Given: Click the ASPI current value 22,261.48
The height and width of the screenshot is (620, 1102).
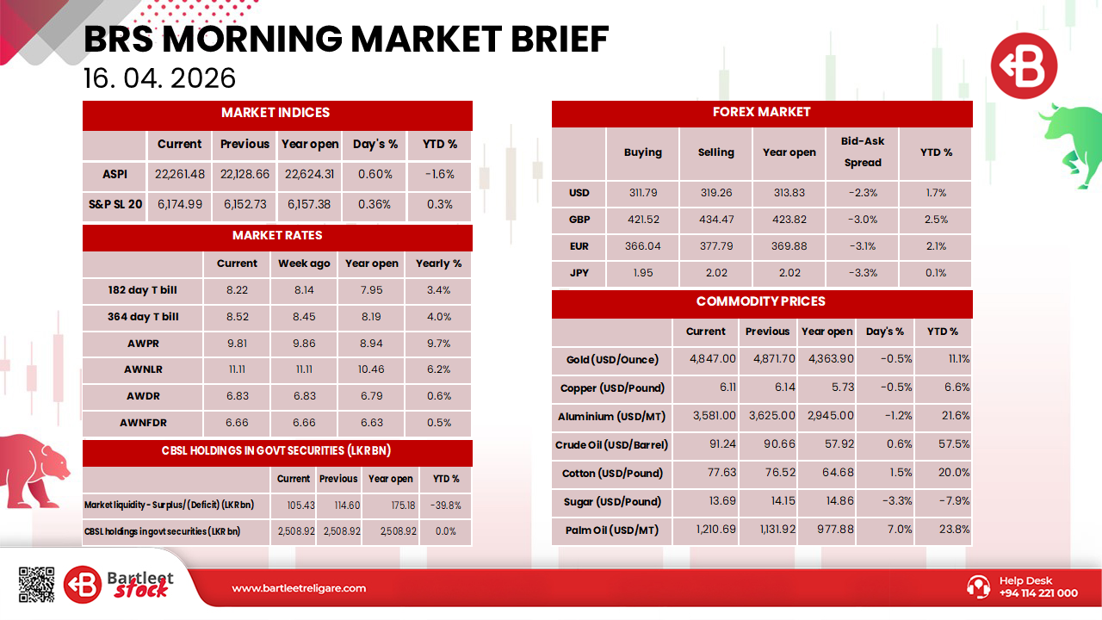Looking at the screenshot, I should coord(180,174).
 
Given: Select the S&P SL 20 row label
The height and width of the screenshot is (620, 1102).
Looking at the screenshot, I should coord(115,205).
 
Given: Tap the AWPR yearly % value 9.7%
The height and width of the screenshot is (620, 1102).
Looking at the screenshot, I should coord(438,344).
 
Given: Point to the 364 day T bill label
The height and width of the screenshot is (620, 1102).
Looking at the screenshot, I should coord(143,317).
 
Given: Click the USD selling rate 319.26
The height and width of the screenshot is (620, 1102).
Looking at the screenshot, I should coord(716,193).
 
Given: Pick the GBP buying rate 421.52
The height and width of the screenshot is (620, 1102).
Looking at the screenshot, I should coord(643,220).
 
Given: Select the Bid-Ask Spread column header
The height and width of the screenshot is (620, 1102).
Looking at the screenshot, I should coord(863,152).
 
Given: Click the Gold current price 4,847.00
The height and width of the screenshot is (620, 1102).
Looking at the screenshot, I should coord(713,359).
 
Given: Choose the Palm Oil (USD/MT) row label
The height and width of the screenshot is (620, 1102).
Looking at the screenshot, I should coord(612,530).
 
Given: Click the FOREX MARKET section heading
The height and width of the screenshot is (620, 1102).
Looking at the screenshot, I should coord(762,112).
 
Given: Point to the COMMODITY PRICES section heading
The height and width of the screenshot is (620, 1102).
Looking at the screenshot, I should coord(761,301).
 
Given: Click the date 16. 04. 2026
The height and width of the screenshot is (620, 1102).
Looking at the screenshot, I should coord(160,78).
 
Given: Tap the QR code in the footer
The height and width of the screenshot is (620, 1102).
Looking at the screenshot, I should coord(36,585).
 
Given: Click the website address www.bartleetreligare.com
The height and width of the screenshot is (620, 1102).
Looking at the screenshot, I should coord(299,589).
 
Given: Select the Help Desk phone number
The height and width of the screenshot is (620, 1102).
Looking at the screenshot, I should coord(1038,593).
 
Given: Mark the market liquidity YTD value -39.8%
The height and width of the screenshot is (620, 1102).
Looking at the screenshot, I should coord(446,505).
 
